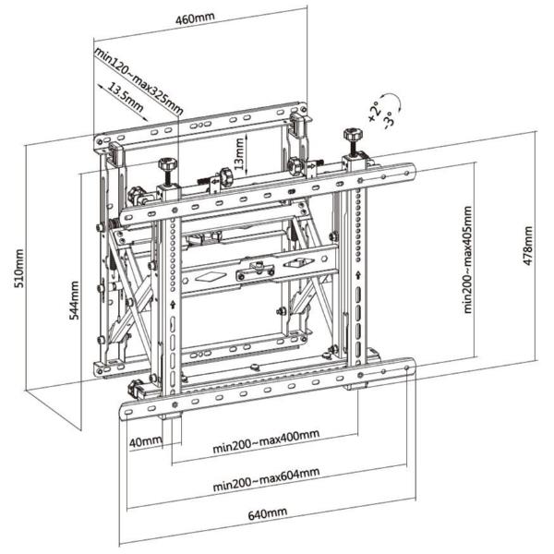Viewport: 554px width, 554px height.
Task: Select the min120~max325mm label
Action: [138, 78]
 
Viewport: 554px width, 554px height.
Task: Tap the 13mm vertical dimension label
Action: [239, 151]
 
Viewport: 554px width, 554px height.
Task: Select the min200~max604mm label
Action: [266, 479]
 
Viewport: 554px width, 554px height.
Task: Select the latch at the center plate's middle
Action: [256, 269]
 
